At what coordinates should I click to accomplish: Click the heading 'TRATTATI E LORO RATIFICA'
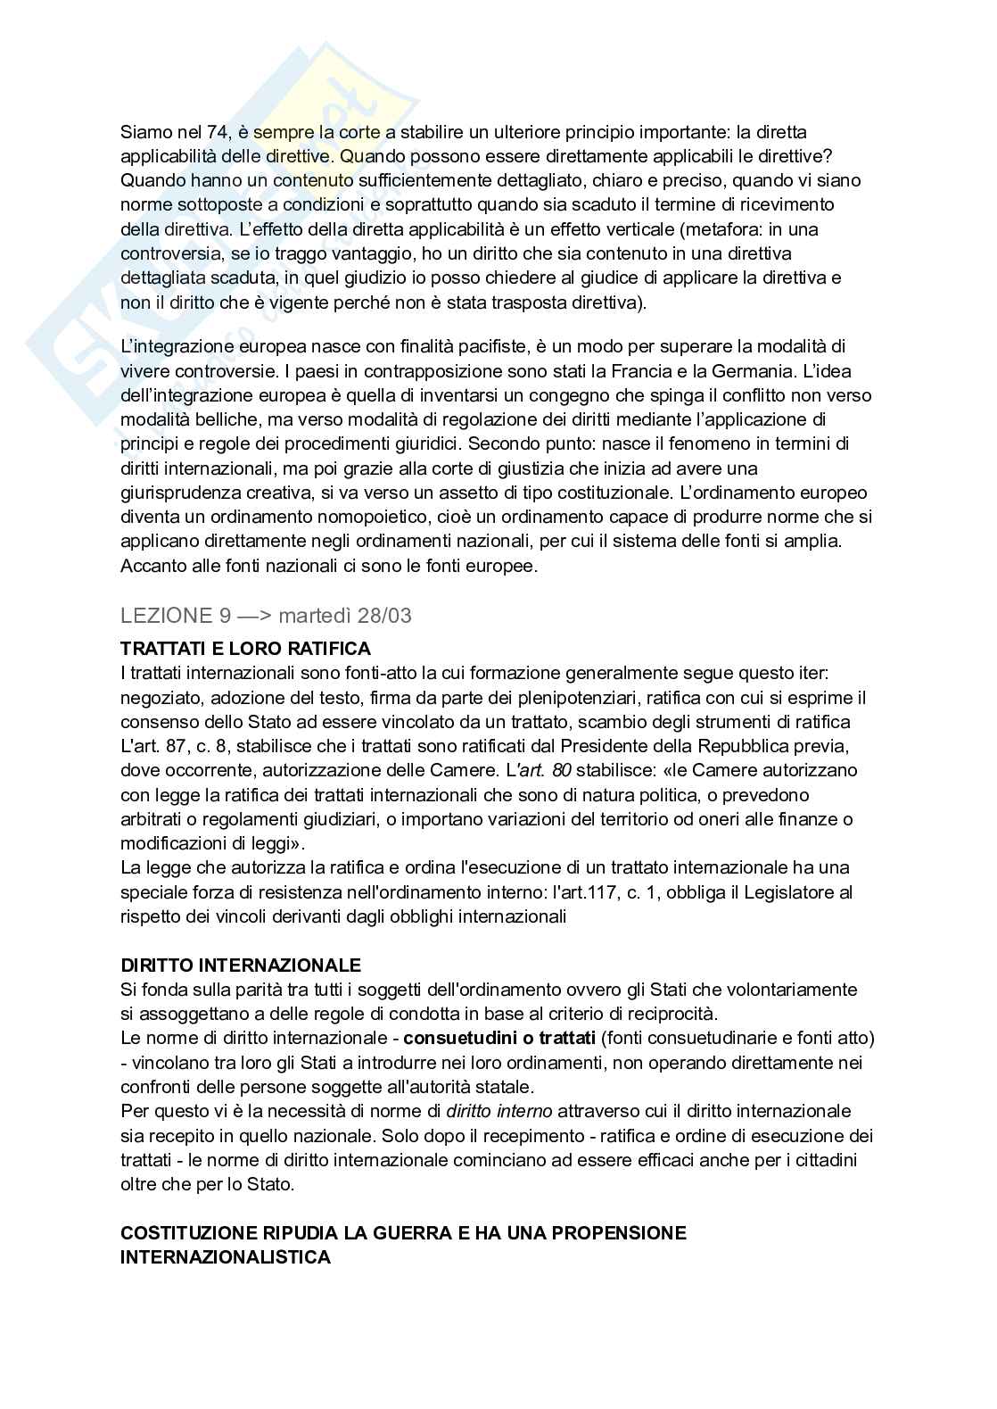point(245,649)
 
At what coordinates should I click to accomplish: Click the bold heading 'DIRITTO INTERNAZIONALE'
point(241,965)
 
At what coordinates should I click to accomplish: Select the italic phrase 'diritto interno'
point(499,1111)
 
